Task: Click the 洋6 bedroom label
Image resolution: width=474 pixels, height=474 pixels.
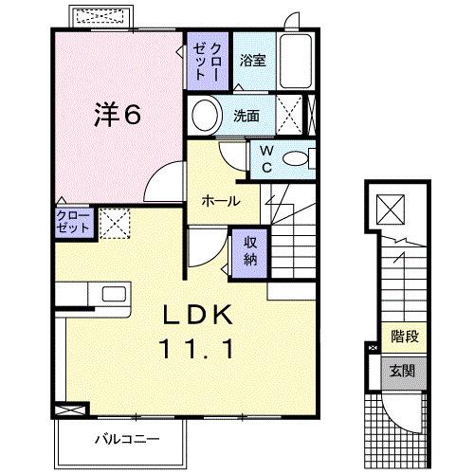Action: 118,115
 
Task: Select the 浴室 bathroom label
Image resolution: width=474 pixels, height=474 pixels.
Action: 251,61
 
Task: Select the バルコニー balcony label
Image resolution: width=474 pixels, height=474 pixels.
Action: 126,438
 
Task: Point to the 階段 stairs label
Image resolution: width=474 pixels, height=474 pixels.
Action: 398,336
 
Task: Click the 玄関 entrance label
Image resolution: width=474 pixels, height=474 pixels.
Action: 398,369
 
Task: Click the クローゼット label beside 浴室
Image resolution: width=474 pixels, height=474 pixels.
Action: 210,62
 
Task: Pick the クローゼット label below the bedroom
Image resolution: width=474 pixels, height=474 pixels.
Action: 73,224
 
